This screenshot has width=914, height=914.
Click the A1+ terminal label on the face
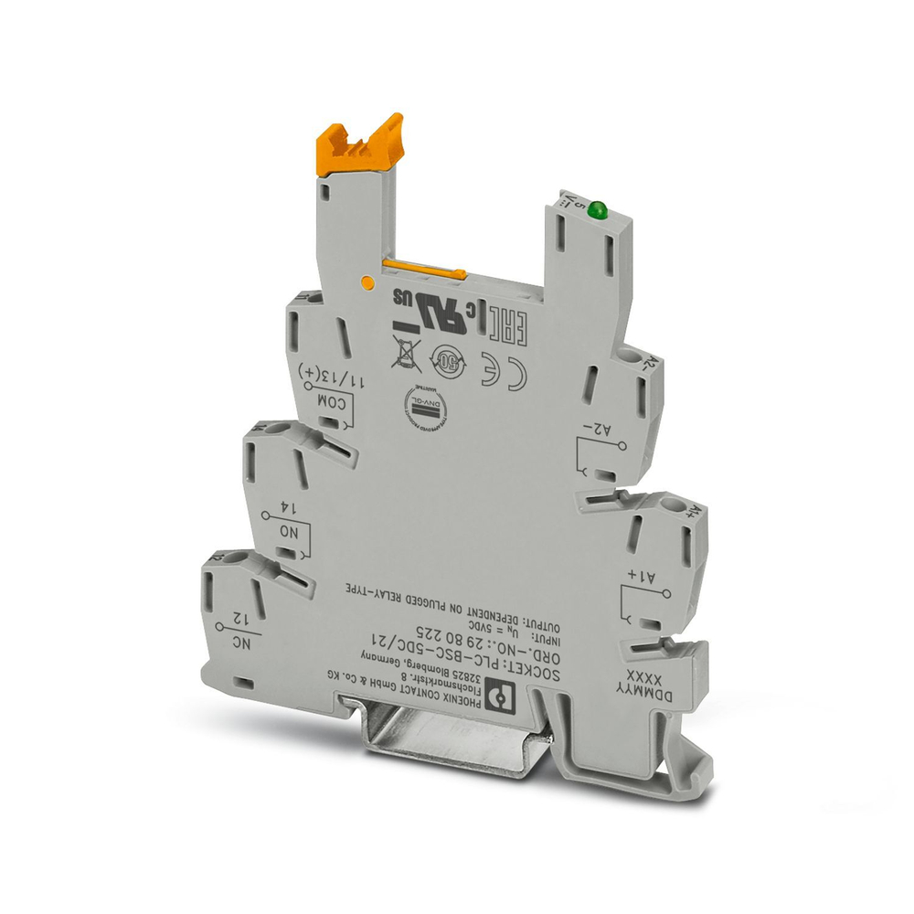[x=638, y=575]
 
